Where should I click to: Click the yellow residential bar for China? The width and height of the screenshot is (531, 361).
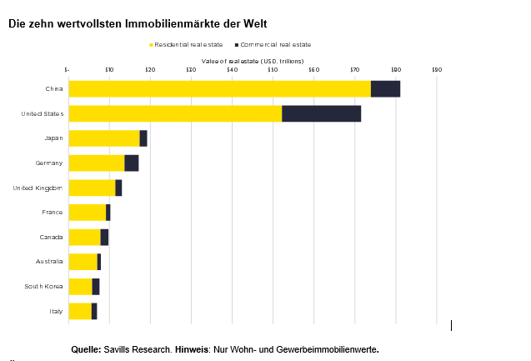coord(219,89)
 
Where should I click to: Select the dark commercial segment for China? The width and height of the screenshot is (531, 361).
coord(385,89)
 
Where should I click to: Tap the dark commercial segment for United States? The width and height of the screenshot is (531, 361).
coord(321,114)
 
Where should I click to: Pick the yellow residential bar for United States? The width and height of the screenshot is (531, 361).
coord(175,114)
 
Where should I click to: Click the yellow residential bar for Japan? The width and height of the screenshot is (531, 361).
coord(104,138)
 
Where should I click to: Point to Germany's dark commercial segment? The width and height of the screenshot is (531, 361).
coord(132,163)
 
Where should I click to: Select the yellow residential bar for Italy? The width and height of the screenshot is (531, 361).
coord(80,311)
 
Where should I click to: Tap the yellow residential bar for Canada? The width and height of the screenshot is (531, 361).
coord(84,238)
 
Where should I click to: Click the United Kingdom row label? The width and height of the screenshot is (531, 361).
coord(38,188)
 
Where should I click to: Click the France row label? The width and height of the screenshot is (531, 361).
coord(53,213)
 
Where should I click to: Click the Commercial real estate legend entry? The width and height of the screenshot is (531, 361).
coord(275,44)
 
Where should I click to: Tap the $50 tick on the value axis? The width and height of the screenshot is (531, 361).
coord(273,70)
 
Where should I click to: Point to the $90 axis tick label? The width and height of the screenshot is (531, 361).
coord(437,70)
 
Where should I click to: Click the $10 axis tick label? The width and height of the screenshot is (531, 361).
coord(109,70)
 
